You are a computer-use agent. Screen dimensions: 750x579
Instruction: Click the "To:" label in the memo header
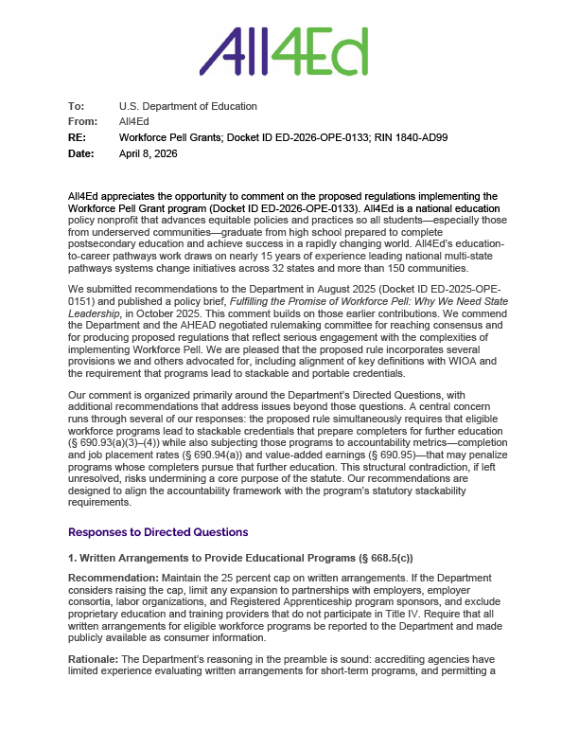(x=77, y=106)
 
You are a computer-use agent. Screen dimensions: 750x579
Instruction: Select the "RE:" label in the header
(x=78, y=137)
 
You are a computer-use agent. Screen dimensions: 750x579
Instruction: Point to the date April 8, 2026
(x=149, y=153)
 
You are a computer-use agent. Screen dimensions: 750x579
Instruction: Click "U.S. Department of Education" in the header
(x=188, y=106)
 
